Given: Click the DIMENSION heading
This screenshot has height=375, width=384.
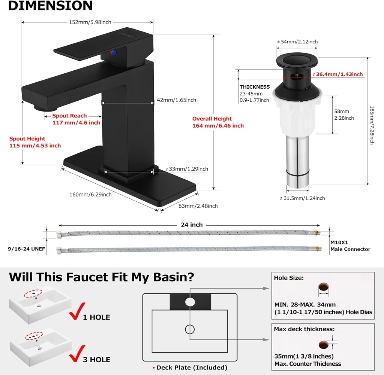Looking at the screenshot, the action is click(x=51, y=5).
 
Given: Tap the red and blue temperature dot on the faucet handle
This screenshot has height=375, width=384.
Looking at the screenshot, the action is click(x=113, y=53).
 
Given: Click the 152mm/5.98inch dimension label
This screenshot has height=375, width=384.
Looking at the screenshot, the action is click(x=90, y=22).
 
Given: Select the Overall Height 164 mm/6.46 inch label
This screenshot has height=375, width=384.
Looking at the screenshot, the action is click(x=218, y=122).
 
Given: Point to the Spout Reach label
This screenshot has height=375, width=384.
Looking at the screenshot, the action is click(x=69, y=116).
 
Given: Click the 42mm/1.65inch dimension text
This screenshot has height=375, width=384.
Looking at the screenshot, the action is click(x=176, y=100).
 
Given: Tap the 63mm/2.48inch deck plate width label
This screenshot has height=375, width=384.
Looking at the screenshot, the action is click(x=198, y=206).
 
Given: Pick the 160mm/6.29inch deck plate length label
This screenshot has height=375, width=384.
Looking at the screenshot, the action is click(x=90, y=195).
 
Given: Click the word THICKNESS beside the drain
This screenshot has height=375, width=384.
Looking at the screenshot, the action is click(x=255, y=87).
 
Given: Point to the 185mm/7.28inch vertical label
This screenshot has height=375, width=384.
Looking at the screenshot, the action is click(x=372, y=125).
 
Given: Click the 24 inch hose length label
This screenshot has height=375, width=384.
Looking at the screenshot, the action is click(x=192, y=225).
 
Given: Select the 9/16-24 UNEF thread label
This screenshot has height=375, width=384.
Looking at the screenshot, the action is click(x=27, y=249).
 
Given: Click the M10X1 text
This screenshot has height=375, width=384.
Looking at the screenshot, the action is click(x=339, y=243).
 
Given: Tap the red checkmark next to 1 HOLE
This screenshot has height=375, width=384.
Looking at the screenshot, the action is click(x=77, y=311).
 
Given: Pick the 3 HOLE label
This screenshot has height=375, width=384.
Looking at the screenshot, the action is click(x=96, y=360).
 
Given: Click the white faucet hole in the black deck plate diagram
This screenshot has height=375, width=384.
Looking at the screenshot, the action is click(x=190, y=302).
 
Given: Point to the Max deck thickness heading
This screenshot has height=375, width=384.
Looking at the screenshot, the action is click(x=304, y=329).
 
